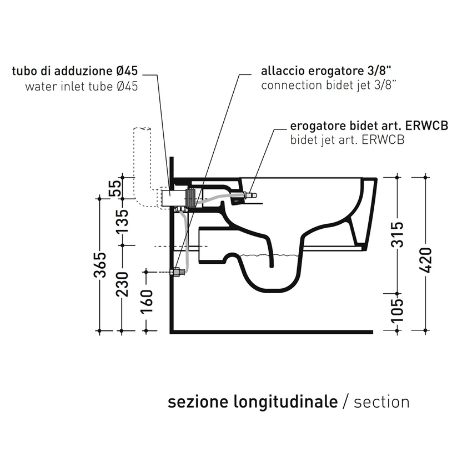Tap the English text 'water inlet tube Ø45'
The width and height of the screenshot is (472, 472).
[x=81, y=86]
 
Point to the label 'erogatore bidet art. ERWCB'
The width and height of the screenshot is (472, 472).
[x=369, y=126]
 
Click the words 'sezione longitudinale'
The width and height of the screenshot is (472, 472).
[x=253, y=401]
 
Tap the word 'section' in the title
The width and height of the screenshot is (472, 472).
[x=381, y=401]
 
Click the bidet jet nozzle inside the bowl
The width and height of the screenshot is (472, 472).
[x=249, y=195]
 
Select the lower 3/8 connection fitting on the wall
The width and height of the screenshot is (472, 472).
[x=178, y=272]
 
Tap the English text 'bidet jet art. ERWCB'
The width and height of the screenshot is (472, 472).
[x=347, y=140]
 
